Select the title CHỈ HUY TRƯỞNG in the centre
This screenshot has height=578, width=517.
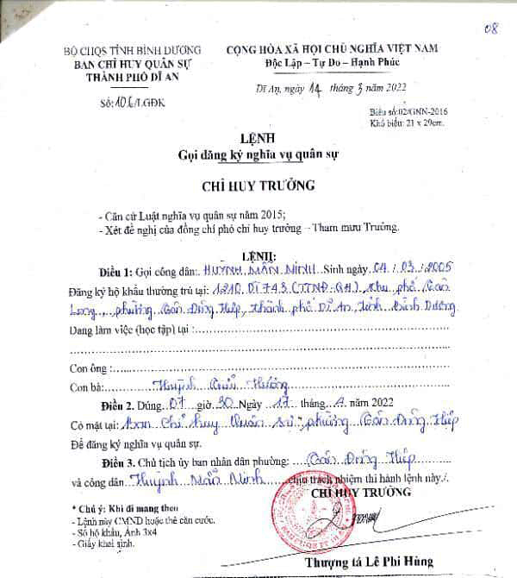[x=258, y=185]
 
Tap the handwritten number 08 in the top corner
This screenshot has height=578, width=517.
[x=493, y=28]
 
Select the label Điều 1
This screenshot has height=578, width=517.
[x=117, y=270]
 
